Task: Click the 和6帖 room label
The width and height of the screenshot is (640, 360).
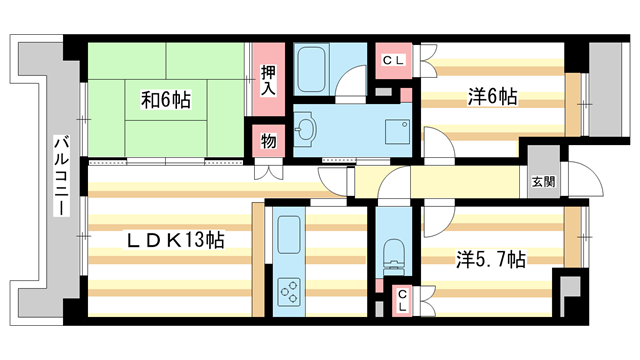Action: click(x=165, y=100)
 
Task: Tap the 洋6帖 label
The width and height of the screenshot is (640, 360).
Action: click(x=492, y=98)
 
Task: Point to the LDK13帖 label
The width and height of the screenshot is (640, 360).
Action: click(x=172, y=241)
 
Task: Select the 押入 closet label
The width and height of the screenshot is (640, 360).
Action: click(x=267, y=79)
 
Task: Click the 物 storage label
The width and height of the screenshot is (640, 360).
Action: click(x=268, y=140)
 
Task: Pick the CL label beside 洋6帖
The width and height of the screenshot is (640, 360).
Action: click(x=392, y=60)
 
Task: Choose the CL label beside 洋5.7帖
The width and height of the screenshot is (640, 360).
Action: click(x=401, y=297)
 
